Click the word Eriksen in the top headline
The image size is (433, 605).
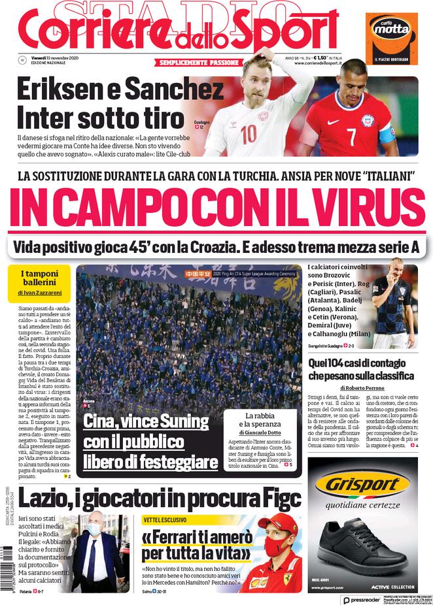coord(60,90)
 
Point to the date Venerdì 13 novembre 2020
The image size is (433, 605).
coord(56,57)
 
